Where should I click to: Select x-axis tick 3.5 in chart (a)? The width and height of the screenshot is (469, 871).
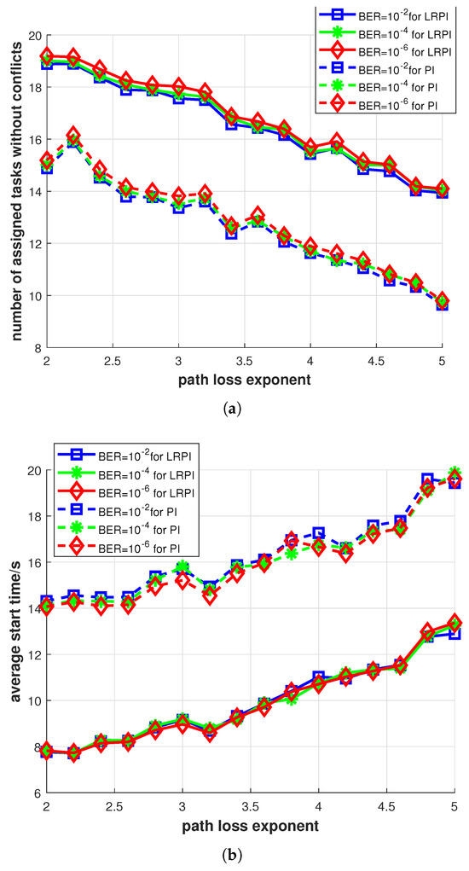(245, 362)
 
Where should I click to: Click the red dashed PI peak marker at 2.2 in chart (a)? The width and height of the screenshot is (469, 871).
(73, 136)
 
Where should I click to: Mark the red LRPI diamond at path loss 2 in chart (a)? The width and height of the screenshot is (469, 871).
(47, 56)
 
